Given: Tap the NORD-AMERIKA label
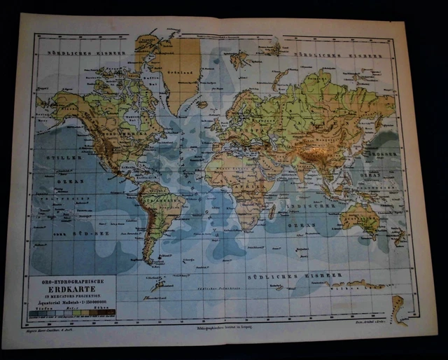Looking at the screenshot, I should tap(119, 133).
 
